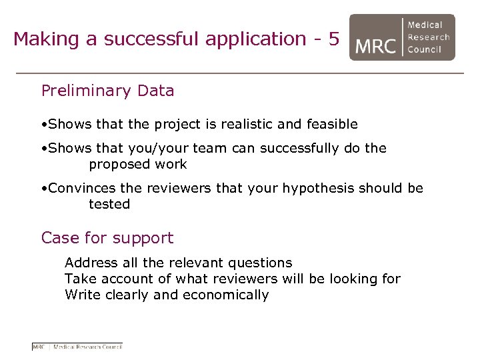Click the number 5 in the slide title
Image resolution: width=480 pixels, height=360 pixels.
coord(333,39)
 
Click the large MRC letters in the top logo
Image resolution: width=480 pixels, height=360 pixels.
coord(375,45)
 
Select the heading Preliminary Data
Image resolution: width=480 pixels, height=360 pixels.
coord(107,91)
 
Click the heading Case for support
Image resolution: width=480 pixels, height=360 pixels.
coord(107,238)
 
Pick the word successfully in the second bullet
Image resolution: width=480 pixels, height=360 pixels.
coord(299,148)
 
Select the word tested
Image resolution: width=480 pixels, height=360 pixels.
coord(109,204)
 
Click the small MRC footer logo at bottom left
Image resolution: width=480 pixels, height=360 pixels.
coord(77,346)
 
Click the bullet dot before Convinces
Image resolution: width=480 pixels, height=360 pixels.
coord(43,189)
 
